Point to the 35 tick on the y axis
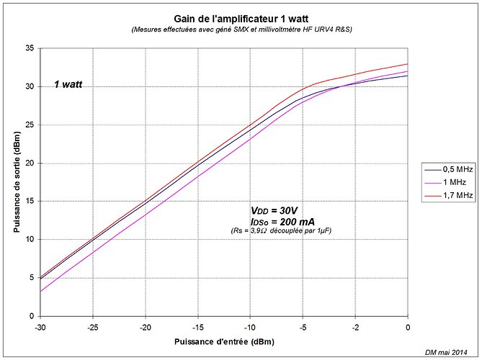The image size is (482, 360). [30, 48]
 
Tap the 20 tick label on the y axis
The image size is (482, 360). [30, 163]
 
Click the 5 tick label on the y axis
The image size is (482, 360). [32, 277]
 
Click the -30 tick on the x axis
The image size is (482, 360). [40, 325]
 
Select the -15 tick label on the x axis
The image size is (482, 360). [198, 325]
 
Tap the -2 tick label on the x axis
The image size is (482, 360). [355, 325]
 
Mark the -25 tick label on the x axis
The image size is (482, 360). [93, 325]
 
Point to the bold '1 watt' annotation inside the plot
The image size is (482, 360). [68, 85]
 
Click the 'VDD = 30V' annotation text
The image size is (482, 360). [274, 210]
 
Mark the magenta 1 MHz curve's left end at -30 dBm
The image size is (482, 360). [41, 291]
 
